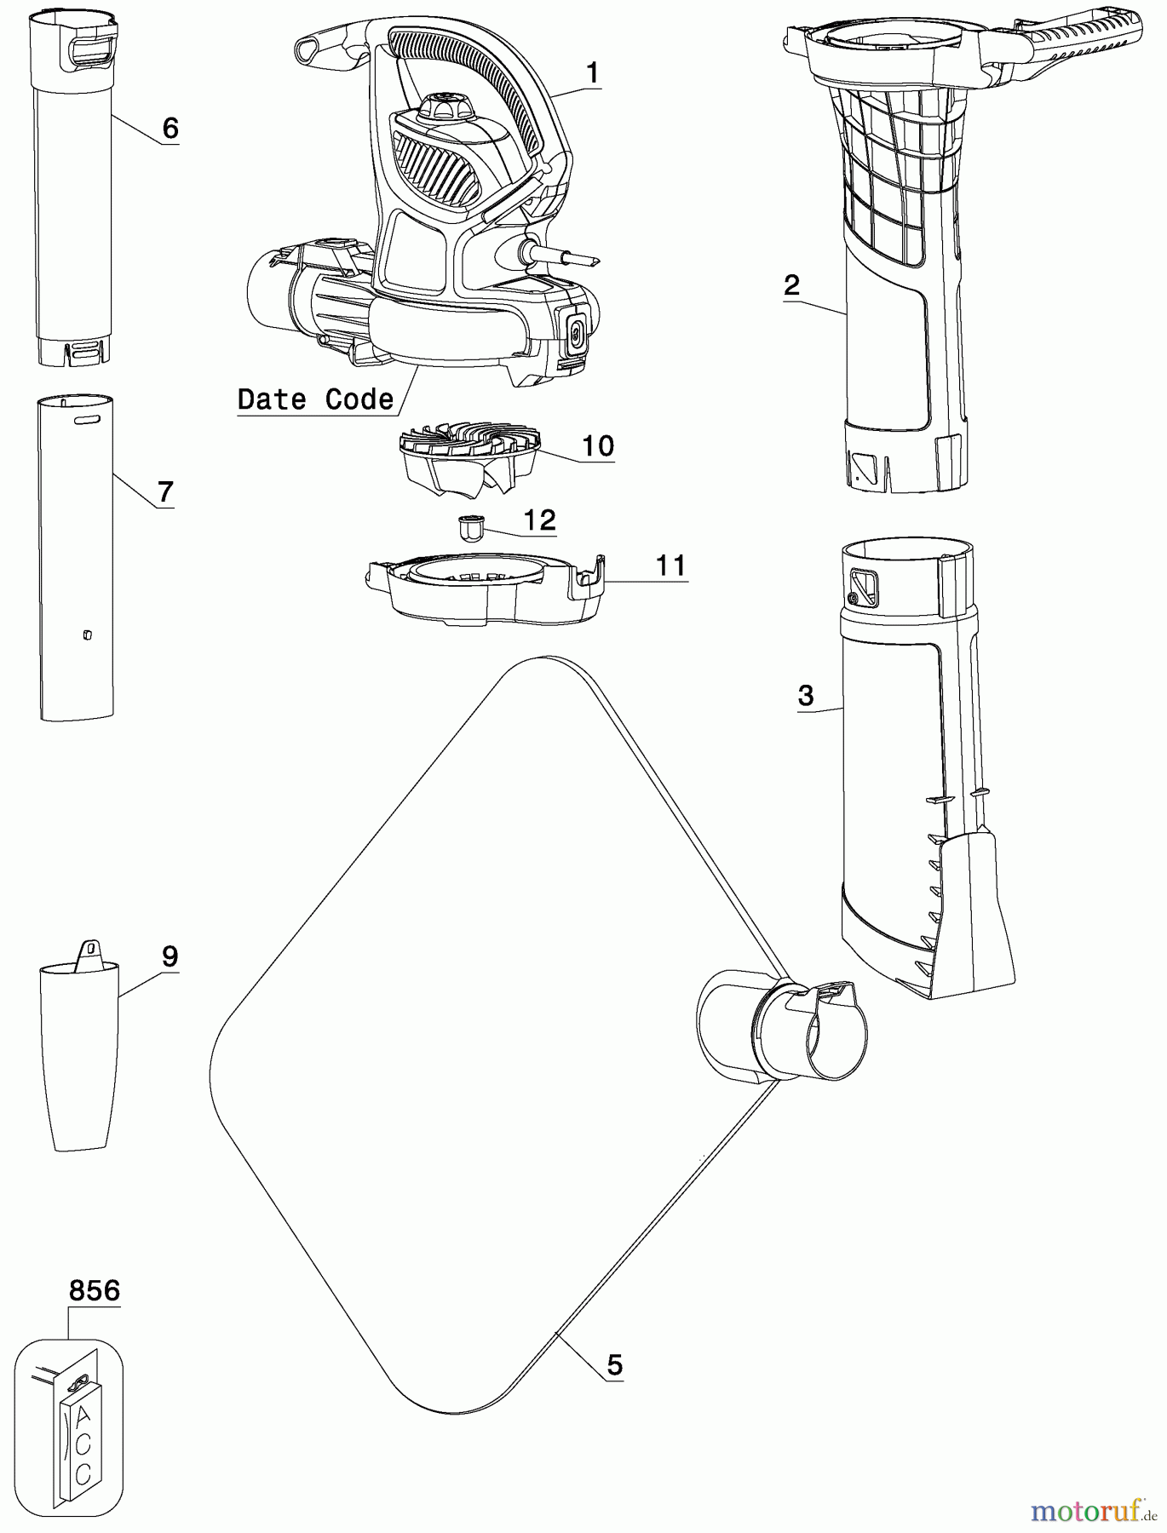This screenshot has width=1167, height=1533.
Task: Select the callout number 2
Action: (x=792, y=284)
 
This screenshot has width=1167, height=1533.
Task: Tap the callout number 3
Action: (x=806, y=696)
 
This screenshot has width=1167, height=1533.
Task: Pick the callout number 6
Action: (x=170, y=129)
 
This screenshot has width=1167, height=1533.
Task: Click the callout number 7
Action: (x=165, y=491)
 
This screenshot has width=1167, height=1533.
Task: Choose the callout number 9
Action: (x=170, y=956)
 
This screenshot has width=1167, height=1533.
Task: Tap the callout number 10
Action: (x=598, y=445)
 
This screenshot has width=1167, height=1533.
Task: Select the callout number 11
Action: (x=670, y=565)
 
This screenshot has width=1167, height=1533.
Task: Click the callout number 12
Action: (x=540, y=520)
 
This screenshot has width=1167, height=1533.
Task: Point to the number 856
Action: (x=95, y=1290)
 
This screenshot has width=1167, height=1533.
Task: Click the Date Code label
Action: (x=315, y=399)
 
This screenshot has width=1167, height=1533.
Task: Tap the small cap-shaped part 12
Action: (x=470, y=527)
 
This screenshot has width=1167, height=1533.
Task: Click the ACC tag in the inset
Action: (x=83, y=1439)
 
